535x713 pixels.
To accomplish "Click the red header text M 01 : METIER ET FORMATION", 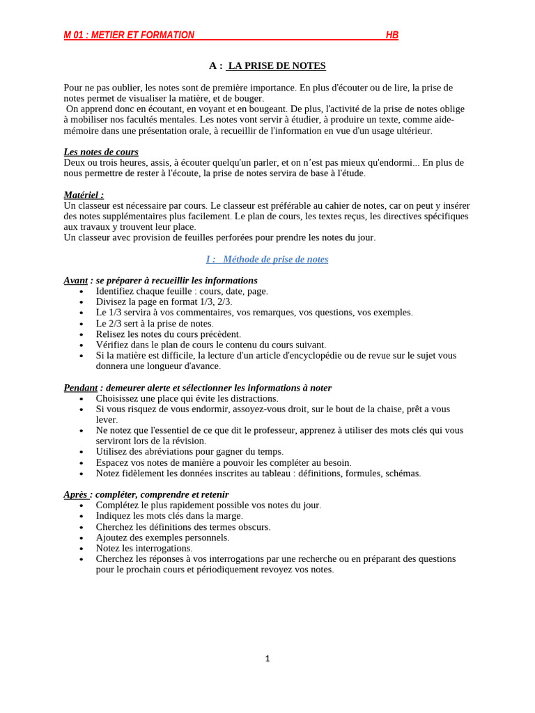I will tap(129, 36).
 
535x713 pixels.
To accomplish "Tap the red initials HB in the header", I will tap(392, 36).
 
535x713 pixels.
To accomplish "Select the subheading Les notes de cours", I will tap(101, 152).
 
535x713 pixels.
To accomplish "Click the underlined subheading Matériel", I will tap(84, 195).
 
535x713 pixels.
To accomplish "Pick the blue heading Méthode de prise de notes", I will tap(267, 259).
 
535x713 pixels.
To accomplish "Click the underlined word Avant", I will tap(76, 280).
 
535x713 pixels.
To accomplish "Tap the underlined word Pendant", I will tap(81, 387).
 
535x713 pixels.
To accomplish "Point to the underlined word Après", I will tap(76, 494).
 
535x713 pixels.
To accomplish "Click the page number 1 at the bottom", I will tap(267, 659).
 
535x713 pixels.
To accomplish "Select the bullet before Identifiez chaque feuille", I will tap(82, 292).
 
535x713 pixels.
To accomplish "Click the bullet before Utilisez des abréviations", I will tap(82, 453).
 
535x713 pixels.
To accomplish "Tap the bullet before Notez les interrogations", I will tap(82, 549).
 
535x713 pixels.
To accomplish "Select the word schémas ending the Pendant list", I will tap(401, 473).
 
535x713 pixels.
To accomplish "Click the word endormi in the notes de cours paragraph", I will tap(389, 162).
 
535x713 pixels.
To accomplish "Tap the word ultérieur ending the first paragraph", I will tap(411, 130).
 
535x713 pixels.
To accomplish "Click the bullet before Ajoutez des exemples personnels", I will tap(82, 538).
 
